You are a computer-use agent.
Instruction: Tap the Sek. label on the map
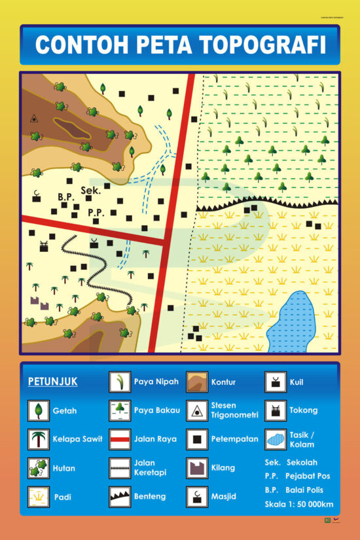tap(90, 191)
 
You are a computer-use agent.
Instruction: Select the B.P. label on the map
tap(65, 196)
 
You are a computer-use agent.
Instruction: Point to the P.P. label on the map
tap(96, 212)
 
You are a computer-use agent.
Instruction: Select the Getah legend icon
tap(38, 410)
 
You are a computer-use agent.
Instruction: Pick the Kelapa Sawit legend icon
tap(38, 439)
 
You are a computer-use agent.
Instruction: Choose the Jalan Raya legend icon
tap(119, 439)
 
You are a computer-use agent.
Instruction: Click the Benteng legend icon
tap(119, 496)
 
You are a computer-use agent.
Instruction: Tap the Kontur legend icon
tap(196, 382)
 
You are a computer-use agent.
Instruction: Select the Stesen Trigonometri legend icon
tap(196, 410)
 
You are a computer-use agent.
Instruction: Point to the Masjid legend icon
tap(196, 496)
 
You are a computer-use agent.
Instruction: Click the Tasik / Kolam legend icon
tap(276, 439)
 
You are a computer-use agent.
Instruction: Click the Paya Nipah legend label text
tap(156, 382)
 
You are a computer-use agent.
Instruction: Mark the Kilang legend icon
tap(196, 468)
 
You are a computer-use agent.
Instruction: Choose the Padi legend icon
tap(38, 497)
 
